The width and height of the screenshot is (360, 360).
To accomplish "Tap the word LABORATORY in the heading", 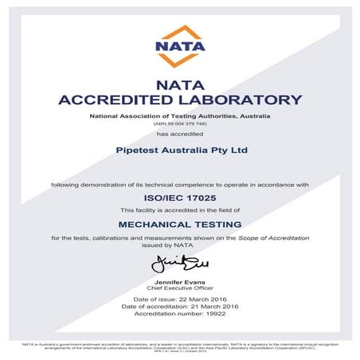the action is [x=241, y=100].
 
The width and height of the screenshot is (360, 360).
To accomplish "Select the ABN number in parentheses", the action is [x=180, y=124].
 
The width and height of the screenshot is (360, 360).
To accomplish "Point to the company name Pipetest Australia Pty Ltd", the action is [x=180, y=150].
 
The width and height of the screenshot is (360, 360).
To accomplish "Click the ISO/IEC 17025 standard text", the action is [x=180, y=197].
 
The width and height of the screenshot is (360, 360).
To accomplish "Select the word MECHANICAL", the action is [x=154, y=225].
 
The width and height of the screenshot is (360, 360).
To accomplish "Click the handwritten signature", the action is [x=180, y=263].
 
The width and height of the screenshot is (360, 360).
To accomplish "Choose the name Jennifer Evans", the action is [x=180, y=283].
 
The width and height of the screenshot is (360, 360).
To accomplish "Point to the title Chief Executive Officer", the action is [x=180, y=289].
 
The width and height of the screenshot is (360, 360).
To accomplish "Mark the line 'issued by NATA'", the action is [x=180, y=245].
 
